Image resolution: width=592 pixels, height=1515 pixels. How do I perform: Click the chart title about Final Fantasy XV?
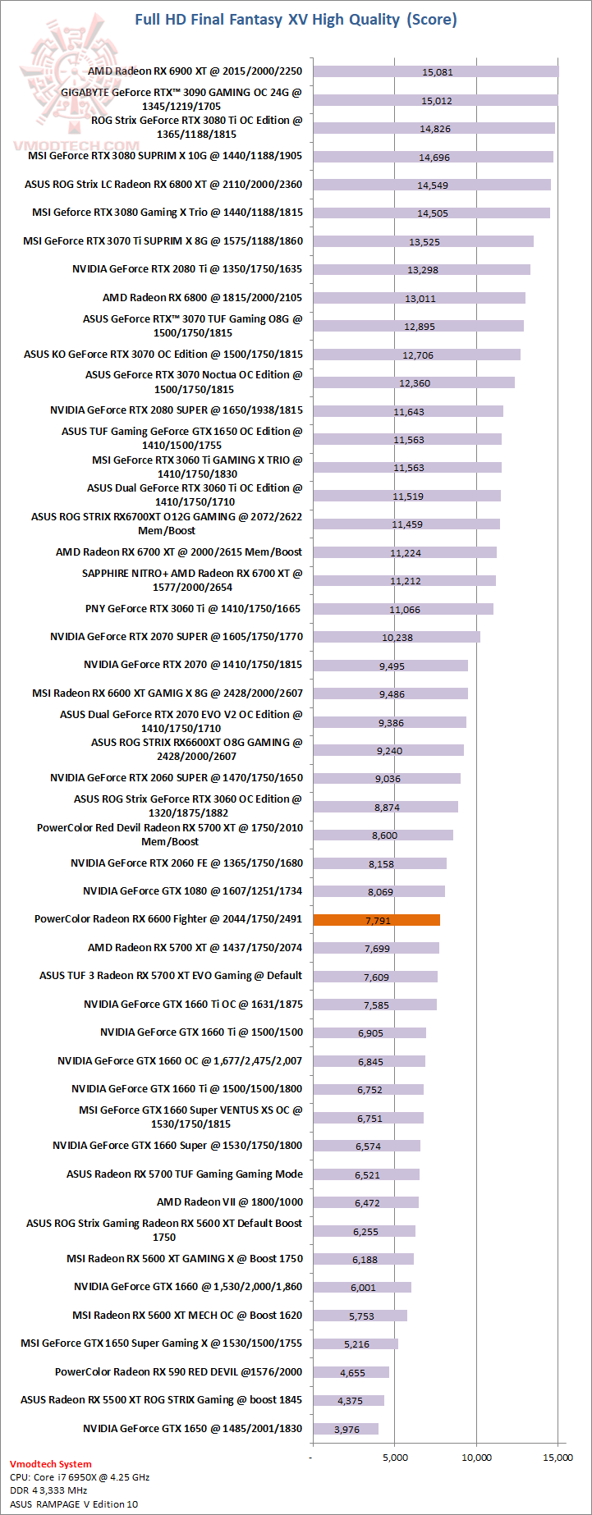click(x=296, y=20)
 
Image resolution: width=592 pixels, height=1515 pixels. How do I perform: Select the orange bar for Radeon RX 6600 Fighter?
click(x=376, y=920)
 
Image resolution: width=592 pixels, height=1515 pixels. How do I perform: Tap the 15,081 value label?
click(x=437, y=72)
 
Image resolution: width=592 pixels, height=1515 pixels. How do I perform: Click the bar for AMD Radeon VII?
click(x=365, y=1202)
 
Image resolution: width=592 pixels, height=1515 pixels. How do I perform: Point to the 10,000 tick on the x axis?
click(x=476, y=1458)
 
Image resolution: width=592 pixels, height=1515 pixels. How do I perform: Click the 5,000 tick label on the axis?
click(x=395, y=1458)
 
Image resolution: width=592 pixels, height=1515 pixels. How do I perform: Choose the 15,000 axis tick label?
click(x=558, y=1458)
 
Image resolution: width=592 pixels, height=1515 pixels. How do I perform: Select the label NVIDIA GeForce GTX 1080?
click(x=192, y=890)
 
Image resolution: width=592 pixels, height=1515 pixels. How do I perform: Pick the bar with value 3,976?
click(x=345, y=1429)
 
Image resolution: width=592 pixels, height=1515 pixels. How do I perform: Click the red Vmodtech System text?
click(x=51, y=1464)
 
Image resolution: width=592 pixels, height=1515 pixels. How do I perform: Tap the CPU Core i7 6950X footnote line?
click(x=80, y=1477)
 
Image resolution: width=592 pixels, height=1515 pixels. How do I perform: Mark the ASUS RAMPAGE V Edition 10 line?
click(x=74, y=1504)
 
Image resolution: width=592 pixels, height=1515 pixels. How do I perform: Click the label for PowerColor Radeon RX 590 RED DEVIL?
click(x=178, y=1372)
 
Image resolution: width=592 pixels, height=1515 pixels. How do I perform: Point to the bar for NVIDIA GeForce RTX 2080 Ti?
click(x=421, y=269)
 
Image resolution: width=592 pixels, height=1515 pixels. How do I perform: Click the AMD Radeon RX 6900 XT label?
click(x=195, y=71)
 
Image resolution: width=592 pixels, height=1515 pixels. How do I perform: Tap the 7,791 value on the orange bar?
click(x=378, y=921)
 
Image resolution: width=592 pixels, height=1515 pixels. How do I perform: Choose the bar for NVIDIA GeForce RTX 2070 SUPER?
click(x=396, y=637)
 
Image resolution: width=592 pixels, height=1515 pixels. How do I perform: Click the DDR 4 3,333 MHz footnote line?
click(x=48, y=1490)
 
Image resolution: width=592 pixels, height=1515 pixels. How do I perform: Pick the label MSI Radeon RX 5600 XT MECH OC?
click(x=187, y=1316)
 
